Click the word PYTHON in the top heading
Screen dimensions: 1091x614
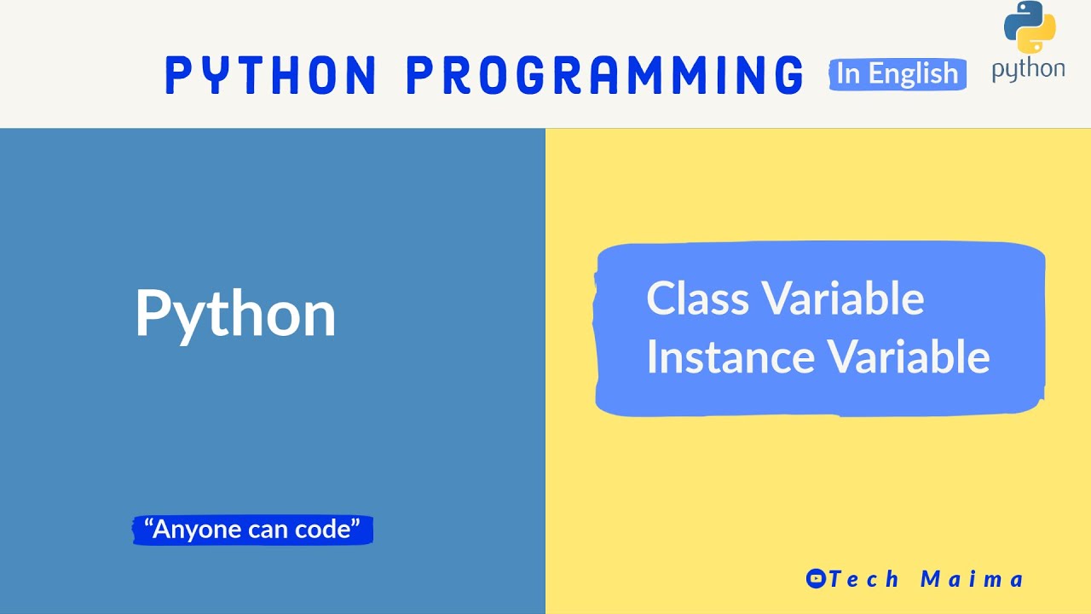(270, 74)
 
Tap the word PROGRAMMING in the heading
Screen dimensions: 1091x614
(604, 74)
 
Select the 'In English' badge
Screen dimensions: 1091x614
(898, 74)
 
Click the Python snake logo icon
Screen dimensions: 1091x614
(1030, 26)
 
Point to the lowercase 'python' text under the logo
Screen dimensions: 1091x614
(1028, 70)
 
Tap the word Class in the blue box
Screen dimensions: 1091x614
(697, 298)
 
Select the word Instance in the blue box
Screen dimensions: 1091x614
(730, 356)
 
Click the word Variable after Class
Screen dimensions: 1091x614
(843, 298)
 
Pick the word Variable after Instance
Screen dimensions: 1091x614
(909, 356)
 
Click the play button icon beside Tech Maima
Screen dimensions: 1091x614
(816, 578)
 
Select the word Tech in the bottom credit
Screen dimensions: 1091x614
(864, 579)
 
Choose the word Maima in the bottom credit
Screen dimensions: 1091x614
(973, 579)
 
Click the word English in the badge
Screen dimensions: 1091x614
(914, 74)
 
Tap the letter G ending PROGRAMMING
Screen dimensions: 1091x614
(789, 74)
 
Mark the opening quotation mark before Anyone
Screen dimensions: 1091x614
(148, 524)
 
